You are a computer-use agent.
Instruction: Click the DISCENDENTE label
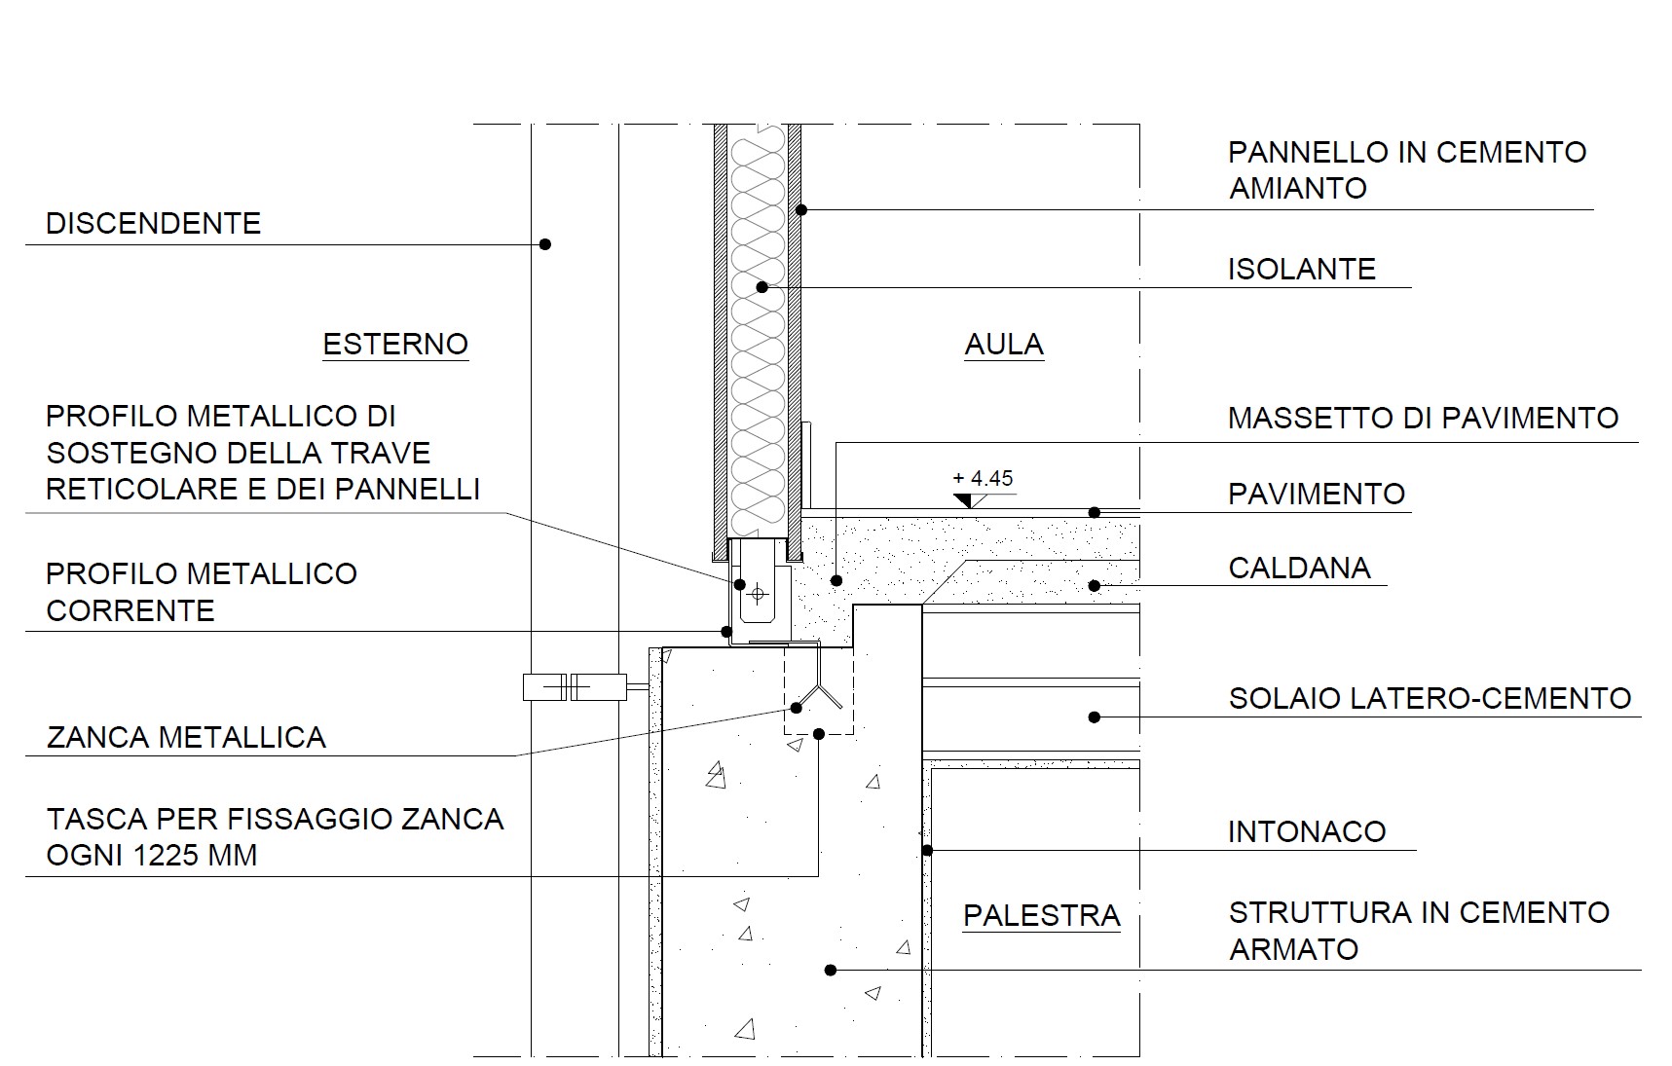pyautogui.click(x=153, y=224)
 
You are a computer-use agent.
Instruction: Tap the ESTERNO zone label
pyautogui.click(x=395, y=345)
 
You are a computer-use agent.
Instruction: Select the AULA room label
pyautogui.click(x=1004, y=345)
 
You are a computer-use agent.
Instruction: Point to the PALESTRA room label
pyautogui.click(x=1041, y=916)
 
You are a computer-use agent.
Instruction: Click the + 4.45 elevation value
pyautogui.click(x=983, y=478)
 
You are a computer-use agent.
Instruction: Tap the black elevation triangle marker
pyautogui.click(x=964, y=500)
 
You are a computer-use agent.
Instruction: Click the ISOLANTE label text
pyautogui.click(x=1301, y=270)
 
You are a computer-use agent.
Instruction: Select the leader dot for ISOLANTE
pyautogui.click(x=762, y=287)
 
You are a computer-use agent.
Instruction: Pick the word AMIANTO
pyautogui.click(x=1298, y=189)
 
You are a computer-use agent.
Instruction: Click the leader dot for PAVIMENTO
pyautogui.click(x=1095, y=512)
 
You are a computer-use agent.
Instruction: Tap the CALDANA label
pyautogui.click(x=1299, y=569)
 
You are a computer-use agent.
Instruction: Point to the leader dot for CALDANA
pyautogui.click(x=1095, y=586)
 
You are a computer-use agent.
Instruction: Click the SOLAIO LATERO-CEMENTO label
pyautogui.click(x=1430, y=699)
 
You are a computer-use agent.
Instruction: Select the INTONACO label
pyautogui.click(x=1306, y=832)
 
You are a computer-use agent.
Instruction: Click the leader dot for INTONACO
pyautogui.click(x=927, y=851)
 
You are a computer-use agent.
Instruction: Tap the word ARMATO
pyautogui.click(x=1293, y=950)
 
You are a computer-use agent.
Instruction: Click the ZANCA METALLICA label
pyautogui.click(x=186, y=738)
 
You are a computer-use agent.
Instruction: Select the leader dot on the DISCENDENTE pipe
pyautogui.click(x=545, y=244)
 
